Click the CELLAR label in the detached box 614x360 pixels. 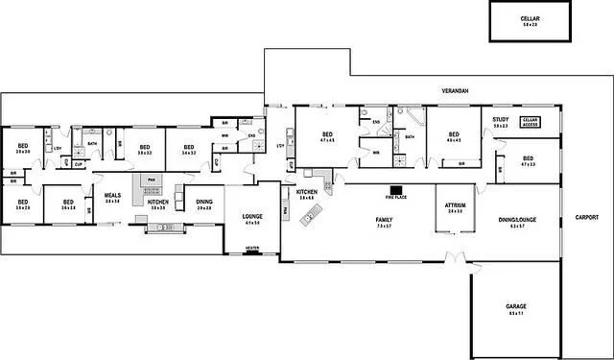click(x=530, y=19)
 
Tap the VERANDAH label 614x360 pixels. click(x=454, y=88)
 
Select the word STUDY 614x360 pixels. click(x=500, y=120)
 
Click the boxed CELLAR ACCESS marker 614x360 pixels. click(x=530, y=122)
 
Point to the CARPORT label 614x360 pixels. click(x=586, y=218)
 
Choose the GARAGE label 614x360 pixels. click(x=516, y=307)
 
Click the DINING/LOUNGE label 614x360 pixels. click(x=517, y=220)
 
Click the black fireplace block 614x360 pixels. click(x=395, y=189)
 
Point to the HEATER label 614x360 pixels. click(x=252, y=248)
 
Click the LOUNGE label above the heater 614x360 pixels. click(x=252, y=216)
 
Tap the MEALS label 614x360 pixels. click(x=111, y=195)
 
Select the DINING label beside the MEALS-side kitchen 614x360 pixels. click(x=203, y=202)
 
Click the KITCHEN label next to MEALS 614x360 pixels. click(x=158, y=203)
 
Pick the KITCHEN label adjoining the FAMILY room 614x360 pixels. click(x=307, y=192)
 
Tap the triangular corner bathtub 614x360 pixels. click(x=416, y=119)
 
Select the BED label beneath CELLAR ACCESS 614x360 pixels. click(x=528, y=158)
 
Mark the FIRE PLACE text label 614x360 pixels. click(x=395, y=197)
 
